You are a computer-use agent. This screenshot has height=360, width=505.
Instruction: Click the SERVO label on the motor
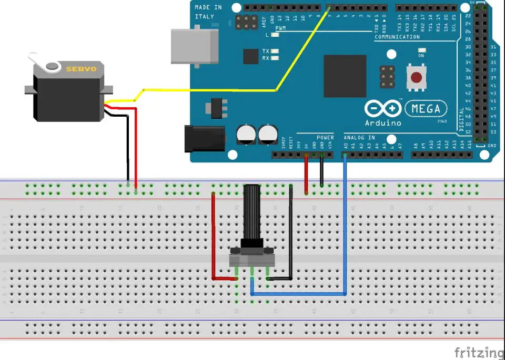77,68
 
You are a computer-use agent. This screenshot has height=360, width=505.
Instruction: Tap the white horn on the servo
51,66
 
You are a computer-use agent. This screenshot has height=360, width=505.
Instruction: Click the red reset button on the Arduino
416,78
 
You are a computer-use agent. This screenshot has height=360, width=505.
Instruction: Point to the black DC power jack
205,138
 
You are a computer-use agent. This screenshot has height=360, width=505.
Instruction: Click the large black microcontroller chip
345,76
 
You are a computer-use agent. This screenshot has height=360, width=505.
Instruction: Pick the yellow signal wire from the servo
210,90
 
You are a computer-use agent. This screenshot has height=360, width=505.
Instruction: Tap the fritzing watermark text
479,352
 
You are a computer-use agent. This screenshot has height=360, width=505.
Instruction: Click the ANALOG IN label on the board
359,138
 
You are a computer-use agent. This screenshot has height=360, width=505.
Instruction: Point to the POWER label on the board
325,138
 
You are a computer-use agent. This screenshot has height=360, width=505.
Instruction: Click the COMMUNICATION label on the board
397,37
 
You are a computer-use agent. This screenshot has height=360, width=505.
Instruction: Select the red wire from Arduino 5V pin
306,176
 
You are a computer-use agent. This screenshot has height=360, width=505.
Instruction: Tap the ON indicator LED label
421,55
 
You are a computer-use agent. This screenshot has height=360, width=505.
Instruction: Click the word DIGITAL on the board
462,119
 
